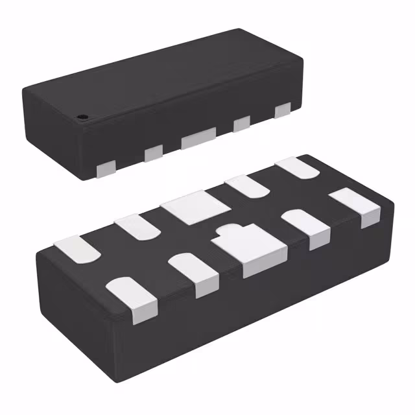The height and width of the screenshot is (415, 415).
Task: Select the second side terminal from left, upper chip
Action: (153, 153)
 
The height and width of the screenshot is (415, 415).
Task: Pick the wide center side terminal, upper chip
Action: (198, 137)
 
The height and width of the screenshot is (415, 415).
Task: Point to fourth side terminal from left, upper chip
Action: (242, 123)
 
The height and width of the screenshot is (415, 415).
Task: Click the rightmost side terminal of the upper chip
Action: (282, 111)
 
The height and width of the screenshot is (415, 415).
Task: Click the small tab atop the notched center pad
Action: (229, 230)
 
